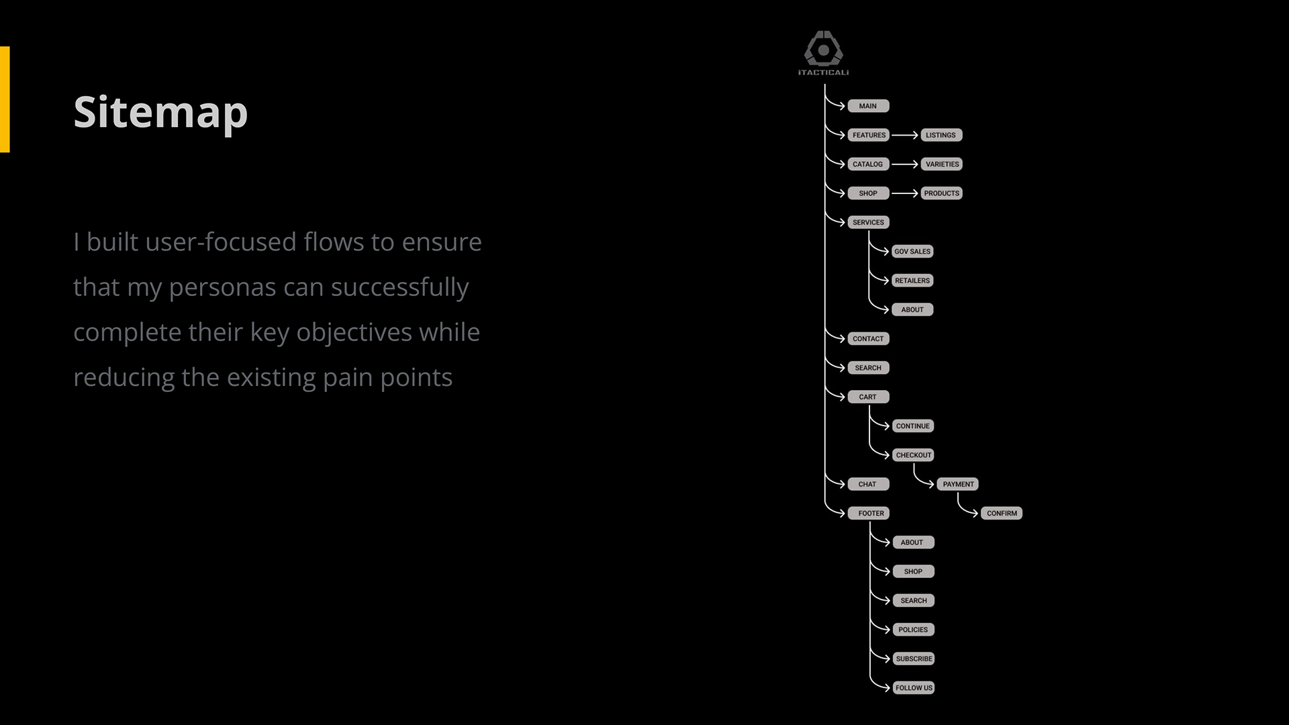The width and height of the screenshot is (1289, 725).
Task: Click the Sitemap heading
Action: pyautogui.click(x=160, y=112)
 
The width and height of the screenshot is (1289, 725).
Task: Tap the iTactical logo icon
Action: pyautogui.click(x=824, y=48)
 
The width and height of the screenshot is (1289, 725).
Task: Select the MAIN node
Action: pyautogui.click(x=868, y=106)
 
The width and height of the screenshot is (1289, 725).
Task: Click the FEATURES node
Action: pyautogui.click(x=869, y=135)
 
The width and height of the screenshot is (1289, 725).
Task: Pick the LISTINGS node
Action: pyautogui.click(x=941, y=135)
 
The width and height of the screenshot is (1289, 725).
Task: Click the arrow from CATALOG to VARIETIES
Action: pyautogui.click(x=904, y=164)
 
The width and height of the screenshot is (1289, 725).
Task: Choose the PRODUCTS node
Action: pyautogui.click(x=941, y=193)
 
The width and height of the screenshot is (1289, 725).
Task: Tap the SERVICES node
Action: pyautogui.click(x=868, y=222)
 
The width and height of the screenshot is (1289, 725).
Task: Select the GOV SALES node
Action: pyautogui.click(x=912, y=252)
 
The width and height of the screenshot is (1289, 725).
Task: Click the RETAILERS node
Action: pyautogui.click(x=912, y=281)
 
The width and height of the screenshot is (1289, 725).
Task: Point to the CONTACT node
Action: pyautogui.click(x=868, y=339)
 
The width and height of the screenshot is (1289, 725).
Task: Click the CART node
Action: pyautogui.click(x=868, y=397)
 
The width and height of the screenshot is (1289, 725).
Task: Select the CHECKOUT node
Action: pyautogui.click(x=914, y=455)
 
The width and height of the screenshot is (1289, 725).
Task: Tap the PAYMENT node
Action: pyautogui.click(x=958, y=484)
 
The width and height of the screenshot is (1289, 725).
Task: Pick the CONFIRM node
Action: pyautogui.click(x=1002, y=514)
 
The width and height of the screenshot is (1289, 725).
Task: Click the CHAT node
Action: pyautogui.click(x=867, y=484)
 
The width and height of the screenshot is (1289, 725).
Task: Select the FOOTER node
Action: pyautogui.click(x=871, y=514)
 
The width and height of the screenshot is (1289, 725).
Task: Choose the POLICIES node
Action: pyautogui.click(x=913, y=630)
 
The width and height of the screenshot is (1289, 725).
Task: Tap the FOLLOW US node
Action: pyautogui.click(x=914, y=688)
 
